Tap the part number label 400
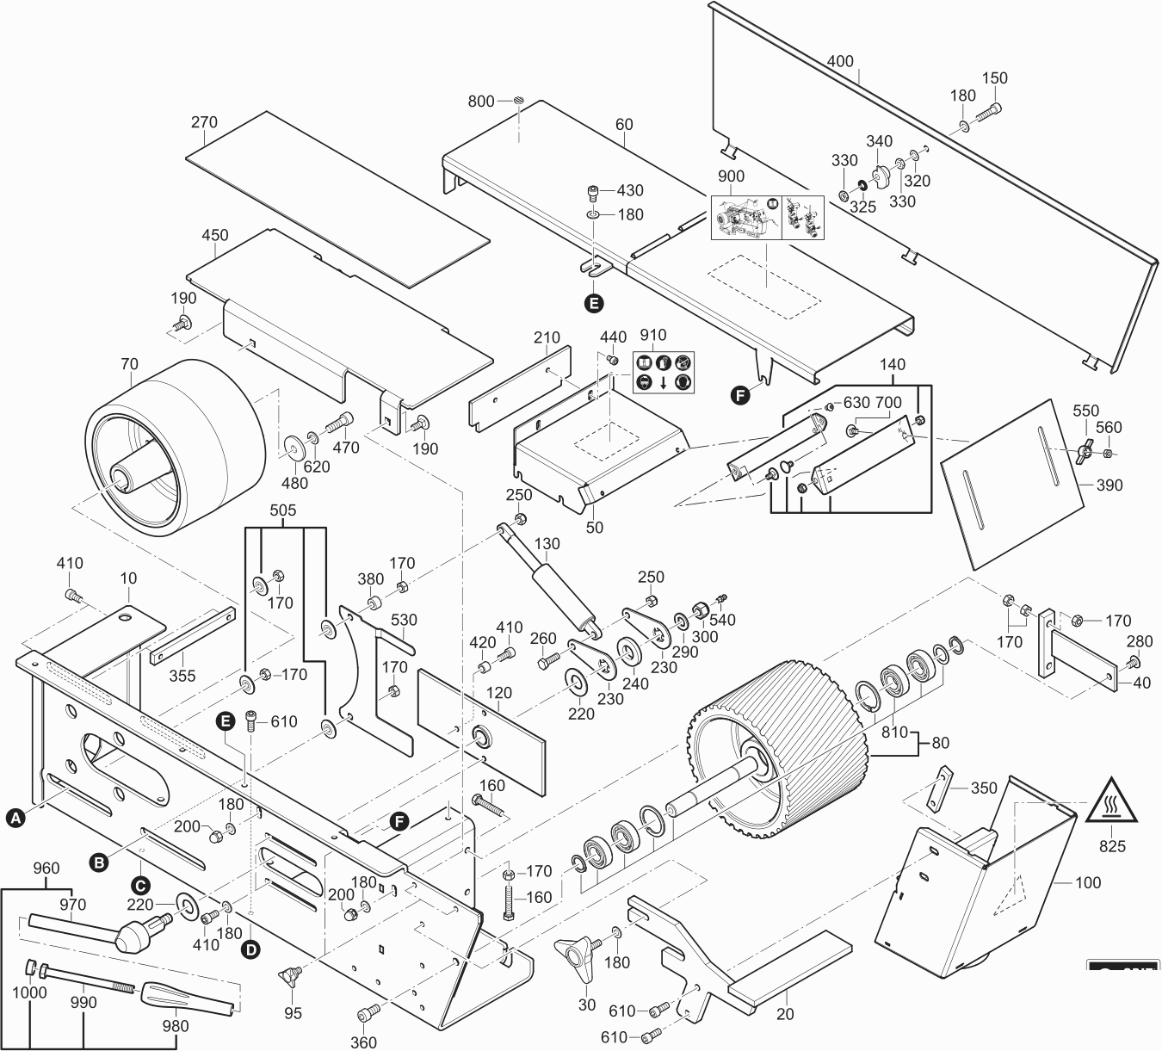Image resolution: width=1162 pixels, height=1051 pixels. (840, 61)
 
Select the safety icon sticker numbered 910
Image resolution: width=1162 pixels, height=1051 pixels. (664, 372)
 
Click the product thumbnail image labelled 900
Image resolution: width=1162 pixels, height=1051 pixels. (766, 217)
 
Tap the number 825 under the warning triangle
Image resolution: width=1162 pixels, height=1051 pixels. (1112, 846)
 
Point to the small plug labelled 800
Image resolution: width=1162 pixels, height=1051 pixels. (519, 102)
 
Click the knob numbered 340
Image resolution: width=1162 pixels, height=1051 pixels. (880, 176)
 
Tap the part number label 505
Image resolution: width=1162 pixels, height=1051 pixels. (283, 510)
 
